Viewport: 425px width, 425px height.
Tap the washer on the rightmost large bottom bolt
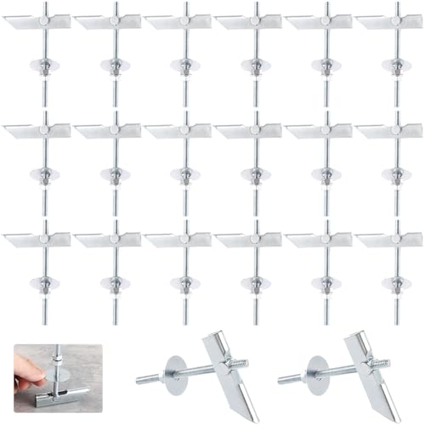(317, 371)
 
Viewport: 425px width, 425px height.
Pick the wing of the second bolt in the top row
(107, 22)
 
